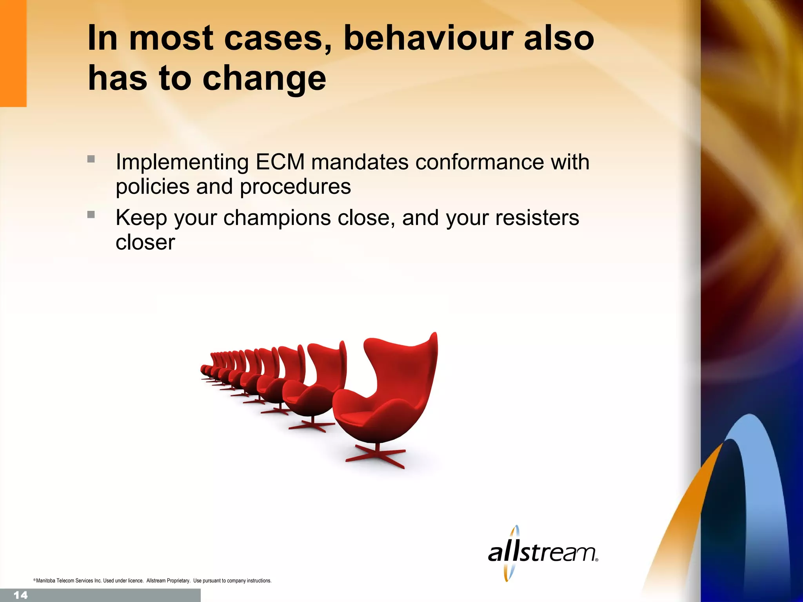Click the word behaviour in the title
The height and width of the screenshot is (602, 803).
(429, 38)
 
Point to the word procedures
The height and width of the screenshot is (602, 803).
(295, 187)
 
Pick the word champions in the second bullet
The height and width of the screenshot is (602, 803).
(277, 218)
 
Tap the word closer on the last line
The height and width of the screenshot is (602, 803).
(145, 242)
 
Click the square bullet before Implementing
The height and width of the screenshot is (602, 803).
(91, 159)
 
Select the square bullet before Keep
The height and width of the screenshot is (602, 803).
(91, 214)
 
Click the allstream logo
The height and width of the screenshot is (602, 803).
(543, 553)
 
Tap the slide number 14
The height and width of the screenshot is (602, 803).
(20, 595)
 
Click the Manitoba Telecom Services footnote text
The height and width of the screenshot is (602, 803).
(153, 580)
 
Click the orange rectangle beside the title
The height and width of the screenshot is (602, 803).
(13, 53)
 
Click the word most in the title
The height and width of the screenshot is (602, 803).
(171, 38)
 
